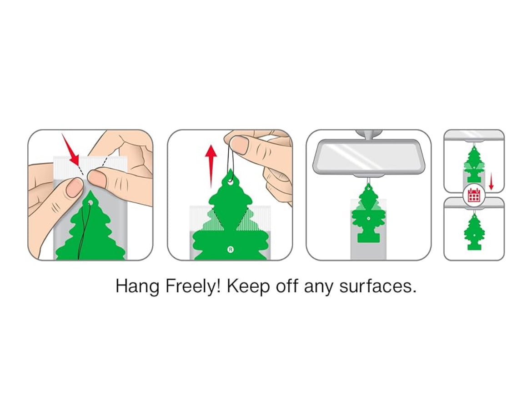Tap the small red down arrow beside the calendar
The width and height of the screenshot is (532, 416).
pyautogui.click(x=491, y=181)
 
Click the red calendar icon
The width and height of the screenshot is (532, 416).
pyautogui.click(x=474, y=195)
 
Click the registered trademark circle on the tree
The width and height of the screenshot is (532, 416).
pyautogui.click(x=231, y=250)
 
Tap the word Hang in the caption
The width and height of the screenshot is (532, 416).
pyautogui.click(x=137, y=286)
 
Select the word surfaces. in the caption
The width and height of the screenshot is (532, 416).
pyautogui.click(x=377, y=286)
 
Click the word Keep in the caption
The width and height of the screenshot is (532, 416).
pyautogui.click(x=249, y=286)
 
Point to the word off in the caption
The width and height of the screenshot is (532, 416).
pyautogui.click(x=287, y=286)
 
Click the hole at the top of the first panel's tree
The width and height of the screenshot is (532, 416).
pyautogui.click(x=90, y=202)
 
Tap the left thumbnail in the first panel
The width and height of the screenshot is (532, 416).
pyautogui.click(x=74, y=187)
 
